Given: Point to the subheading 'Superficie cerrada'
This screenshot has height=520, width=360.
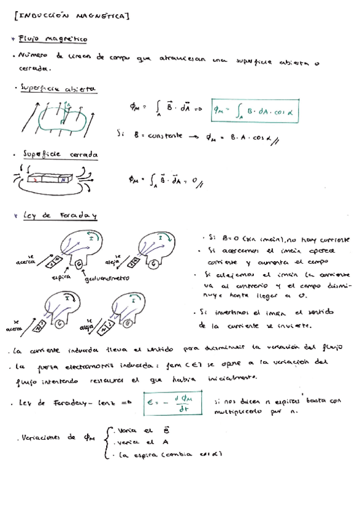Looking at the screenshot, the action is (x=61, y=155).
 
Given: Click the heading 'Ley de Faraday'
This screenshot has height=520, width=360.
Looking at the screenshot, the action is (x=59, y=215).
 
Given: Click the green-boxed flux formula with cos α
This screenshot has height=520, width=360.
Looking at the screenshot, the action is (x=250, y=110).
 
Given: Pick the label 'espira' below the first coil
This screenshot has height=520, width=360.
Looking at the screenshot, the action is (x=63, y=277).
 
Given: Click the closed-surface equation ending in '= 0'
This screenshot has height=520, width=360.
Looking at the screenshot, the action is (x=162, y=180).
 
